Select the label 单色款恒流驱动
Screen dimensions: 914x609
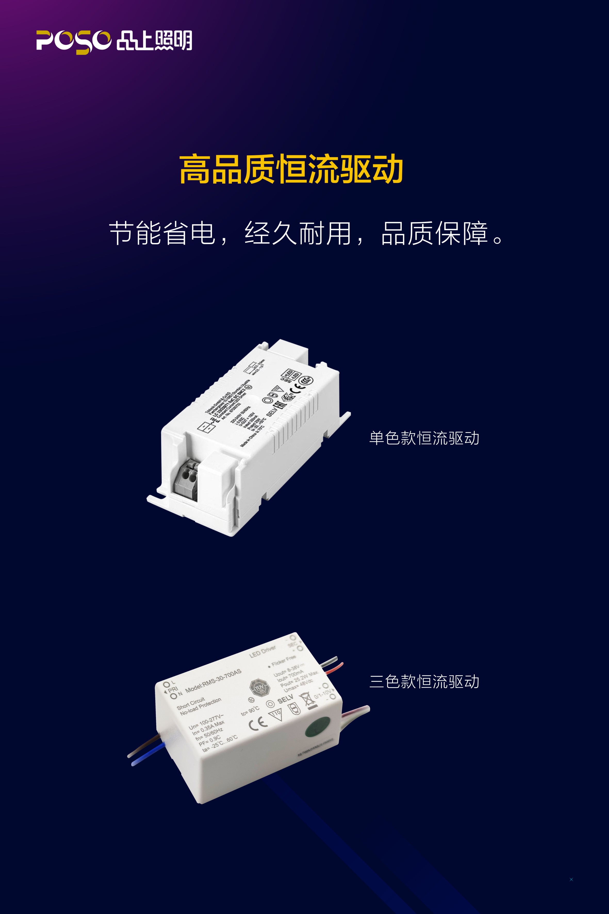click(x=424, y=438)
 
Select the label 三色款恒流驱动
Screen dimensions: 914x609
click(x=424, y=682)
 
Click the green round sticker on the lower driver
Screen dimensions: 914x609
click(x=318, y=726)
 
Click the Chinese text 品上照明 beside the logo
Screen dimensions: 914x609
click(x=154, y=41)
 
